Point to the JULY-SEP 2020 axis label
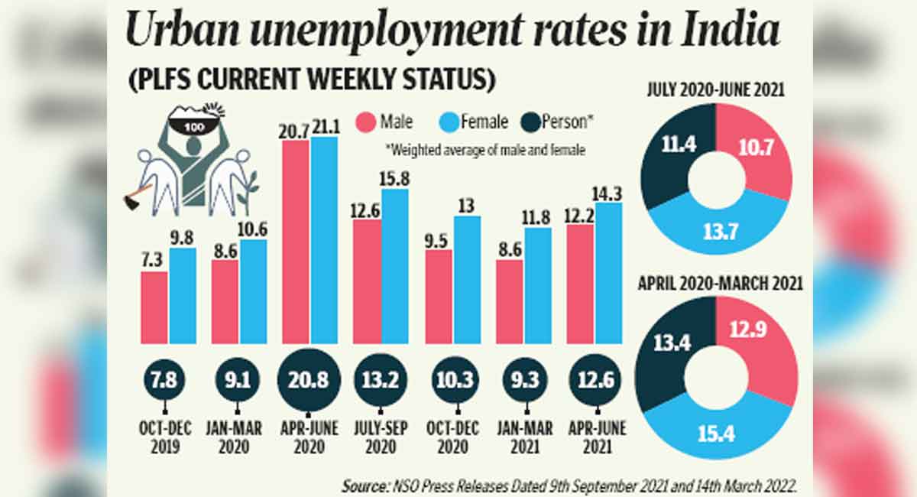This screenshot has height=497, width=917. [x=380, y=437]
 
